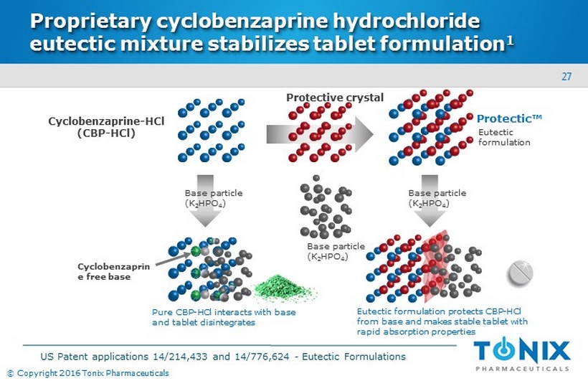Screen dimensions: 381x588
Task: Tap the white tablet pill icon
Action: click(x=523, y=273)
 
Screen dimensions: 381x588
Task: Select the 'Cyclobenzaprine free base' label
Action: click(x=103, y=271)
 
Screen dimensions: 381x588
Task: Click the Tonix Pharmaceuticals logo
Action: click(x=521, y=355)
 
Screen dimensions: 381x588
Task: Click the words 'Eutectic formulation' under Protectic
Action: click(x=503, y=138)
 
